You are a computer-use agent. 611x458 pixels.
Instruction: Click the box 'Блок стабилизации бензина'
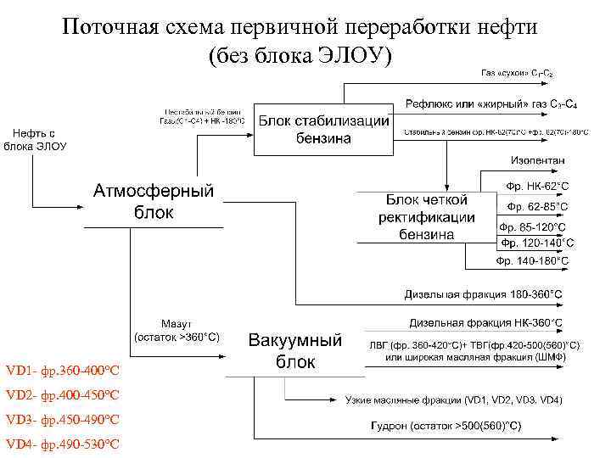(x=323, y=130)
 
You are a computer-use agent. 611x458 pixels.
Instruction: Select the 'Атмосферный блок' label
(x=154, y=201)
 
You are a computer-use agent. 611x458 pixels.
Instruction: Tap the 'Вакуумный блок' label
(x=295, y=351)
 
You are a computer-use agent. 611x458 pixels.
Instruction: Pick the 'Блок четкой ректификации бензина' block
(x=427, y=217)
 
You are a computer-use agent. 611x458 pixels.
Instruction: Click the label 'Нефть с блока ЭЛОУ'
(x=35, y=139)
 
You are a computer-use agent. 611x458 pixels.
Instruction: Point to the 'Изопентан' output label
(x=537, y=160)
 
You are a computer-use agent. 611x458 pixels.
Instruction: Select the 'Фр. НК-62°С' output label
(x=537, y=185)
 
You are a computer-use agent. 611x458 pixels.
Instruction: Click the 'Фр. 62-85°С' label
(x=537, y=206)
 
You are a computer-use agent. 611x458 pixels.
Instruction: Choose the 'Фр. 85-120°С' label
(x=533, y=227)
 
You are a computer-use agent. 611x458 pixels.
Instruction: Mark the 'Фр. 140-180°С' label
(x=532, y=260)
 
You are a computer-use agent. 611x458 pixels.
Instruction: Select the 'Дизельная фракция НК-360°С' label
(x=485, y=322)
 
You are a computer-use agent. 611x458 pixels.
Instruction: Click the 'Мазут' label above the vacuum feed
(x=177, y=324)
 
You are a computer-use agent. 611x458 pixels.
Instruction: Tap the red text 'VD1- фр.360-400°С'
(x=62, y=371)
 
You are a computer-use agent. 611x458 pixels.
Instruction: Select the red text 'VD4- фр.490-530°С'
(x=62, y=444)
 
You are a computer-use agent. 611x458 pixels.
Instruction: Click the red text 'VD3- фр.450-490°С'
(x=62, y=420)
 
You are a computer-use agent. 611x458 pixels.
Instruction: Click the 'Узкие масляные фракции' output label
(x=403, y=399)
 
